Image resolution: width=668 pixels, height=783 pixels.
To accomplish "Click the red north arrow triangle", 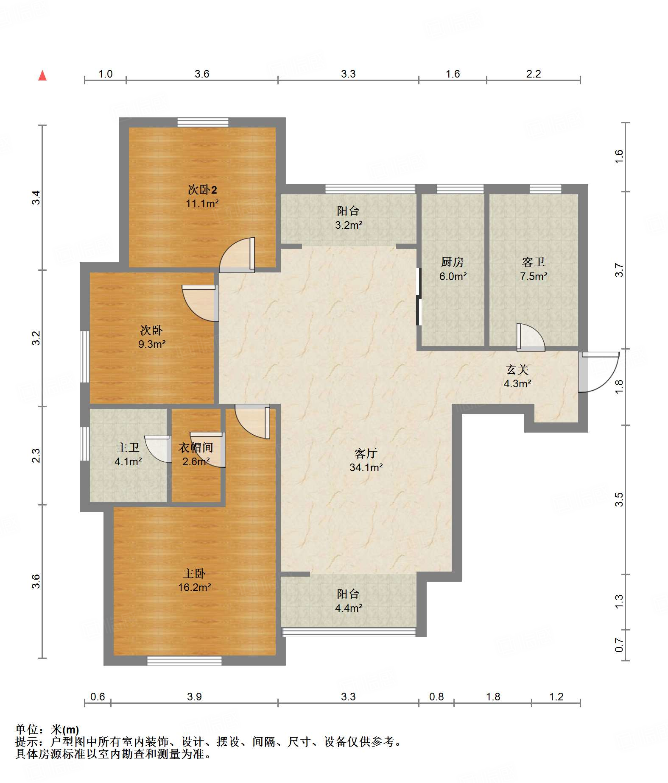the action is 42,75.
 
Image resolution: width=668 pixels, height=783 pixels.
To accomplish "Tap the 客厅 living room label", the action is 366,453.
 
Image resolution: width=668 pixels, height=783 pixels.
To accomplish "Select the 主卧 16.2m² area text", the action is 195,587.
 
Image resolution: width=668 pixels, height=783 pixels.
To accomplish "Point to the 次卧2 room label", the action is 202,189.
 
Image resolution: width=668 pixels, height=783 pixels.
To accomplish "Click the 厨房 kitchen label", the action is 453,262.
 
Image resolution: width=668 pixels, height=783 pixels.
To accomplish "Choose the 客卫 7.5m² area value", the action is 534,276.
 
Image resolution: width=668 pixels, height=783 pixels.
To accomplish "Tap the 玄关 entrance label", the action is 517,369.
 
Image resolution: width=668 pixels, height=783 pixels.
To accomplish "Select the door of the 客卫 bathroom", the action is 531,337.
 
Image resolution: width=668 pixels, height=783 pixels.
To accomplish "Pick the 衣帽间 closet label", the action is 196,447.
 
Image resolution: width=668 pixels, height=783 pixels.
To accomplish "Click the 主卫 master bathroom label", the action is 128,447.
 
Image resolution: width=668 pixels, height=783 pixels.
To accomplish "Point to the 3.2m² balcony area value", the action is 349,225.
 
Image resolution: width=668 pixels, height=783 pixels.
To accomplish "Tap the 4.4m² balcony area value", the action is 349,608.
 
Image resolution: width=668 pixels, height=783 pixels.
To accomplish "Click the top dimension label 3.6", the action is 202,74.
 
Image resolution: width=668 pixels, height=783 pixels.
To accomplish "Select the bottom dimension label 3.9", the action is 194,697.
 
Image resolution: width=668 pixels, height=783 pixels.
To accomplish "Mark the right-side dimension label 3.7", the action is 619,270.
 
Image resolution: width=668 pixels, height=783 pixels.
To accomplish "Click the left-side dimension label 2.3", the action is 36,455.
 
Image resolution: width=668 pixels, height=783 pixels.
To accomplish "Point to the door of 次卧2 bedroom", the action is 237,255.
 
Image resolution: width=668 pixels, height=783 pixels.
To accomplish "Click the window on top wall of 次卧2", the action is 203,122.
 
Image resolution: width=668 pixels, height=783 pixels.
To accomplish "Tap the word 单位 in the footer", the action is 27,729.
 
